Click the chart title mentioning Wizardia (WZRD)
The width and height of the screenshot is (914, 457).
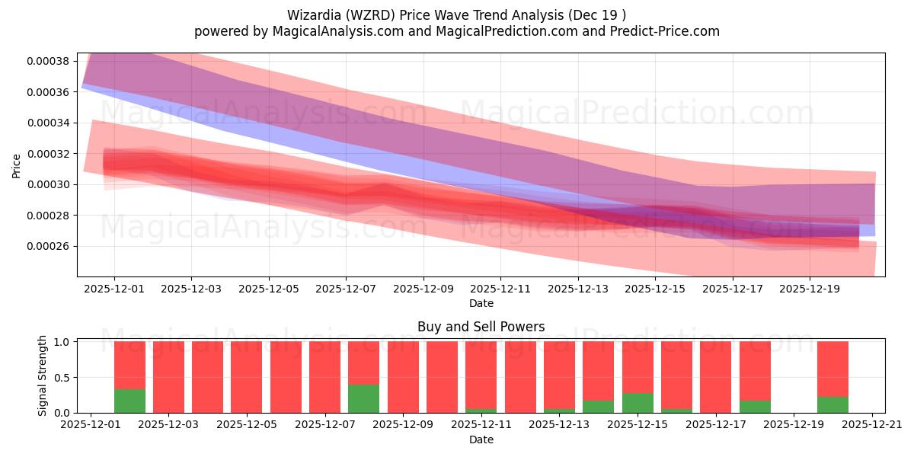tap(457, 14)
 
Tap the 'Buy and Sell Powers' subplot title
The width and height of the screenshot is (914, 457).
tap(481, 327)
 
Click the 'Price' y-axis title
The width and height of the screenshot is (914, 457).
tap(17, 165)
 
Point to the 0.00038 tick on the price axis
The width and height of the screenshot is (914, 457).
tap(49, 61)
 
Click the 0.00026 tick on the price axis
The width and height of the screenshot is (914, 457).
tap(49, 246)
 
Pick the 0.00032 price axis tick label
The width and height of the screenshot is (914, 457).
tap(49, 154)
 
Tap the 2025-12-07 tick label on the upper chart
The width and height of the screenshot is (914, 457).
tap(346, 289)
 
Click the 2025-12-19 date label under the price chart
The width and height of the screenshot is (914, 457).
tap(810, 289)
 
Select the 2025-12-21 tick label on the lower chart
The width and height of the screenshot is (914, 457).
tap(872, 426)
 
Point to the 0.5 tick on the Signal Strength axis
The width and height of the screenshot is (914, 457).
tap(62, 377)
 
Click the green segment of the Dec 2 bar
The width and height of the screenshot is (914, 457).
tap(129, 401)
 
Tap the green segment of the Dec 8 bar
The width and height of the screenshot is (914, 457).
tap(364, 398)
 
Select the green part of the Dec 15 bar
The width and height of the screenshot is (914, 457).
tap(638, 403)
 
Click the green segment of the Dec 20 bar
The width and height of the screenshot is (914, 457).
tap(833, 404)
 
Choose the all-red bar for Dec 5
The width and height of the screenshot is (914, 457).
tap(247, 377)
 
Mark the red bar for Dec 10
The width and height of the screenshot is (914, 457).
tap(442, 377)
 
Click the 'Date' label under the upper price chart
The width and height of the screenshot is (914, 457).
tap(481, 303)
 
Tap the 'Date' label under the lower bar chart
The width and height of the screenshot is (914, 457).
tap(481, 439)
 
